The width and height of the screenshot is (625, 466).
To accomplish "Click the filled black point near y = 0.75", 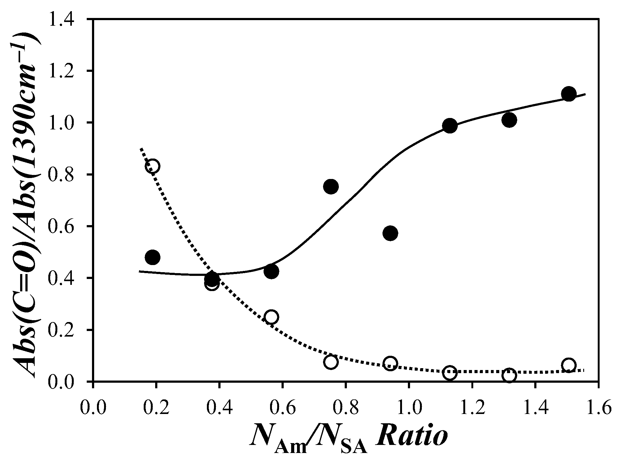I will pyautogui.click(x=331, y=186).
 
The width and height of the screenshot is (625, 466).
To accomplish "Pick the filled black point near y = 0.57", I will pyautogui.click(x=390, y=233).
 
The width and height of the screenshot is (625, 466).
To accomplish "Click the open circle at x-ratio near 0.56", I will pyautogui.click(x=271, y=317).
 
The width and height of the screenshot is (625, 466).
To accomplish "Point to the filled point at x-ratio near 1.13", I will pyautogui.click(x=450, y=126).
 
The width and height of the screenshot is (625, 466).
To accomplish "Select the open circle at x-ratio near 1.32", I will pyautogui.click(x=509, y=375).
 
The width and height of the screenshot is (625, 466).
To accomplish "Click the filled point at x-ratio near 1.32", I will pyautogui.click(x=509, y=120).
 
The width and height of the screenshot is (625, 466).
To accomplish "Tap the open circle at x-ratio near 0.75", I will pyautogui.click(x=331, y=362).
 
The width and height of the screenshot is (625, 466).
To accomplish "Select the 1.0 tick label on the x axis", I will pyautogui.click(x=409, y=408).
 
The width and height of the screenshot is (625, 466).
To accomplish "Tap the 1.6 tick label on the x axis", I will pyautogui.click(x=598, y=408).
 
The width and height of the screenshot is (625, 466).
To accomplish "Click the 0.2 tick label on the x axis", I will pyautogui.click(x=156, y=408).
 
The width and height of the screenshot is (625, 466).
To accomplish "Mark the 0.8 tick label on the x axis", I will pyautogui.click(x=346, y=408).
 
